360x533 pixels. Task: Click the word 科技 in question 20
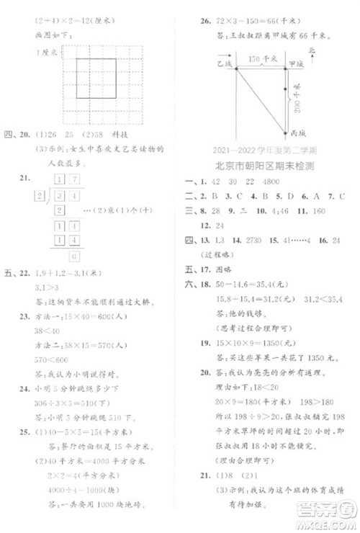coord(135,134)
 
